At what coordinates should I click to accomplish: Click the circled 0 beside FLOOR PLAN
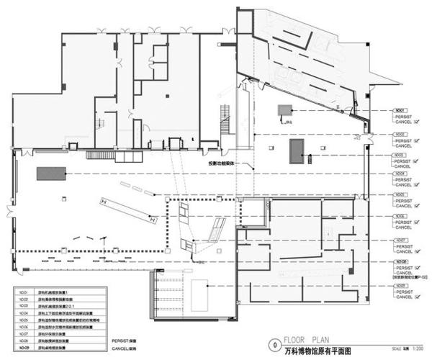[x=271, y=343]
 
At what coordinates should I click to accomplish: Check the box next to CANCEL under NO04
[x=418, y=185]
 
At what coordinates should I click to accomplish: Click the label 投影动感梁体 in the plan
[x=217, y=163]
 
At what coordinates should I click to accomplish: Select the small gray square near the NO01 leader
[x=286, y=110]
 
